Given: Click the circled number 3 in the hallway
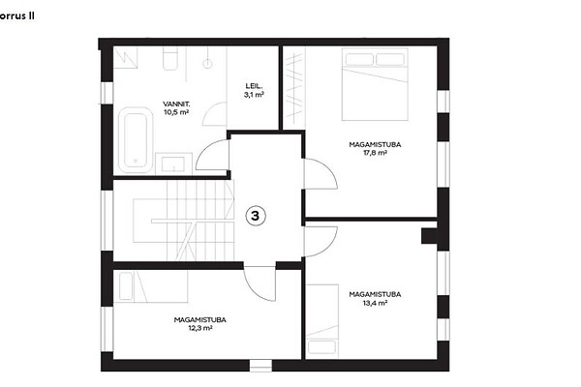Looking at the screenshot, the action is (x=256, y=216).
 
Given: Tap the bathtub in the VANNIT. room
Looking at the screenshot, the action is (x=136, y=140).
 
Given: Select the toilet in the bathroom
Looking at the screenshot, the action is (x=170, y=59).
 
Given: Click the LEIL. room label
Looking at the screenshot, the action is (x=254, y=86).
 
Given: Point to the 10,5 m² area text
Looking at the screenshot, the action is (x=176, y=112).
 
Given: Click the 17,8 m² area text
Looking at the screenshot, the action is (x=376, y=153).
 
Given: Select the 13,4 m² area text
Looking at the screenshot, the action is (x=376, y=303).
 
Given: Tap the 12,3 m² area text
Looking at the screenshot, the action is (x=200, y=328).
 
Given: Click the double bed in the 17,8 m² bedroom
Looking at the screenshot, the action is (x=375, y=84).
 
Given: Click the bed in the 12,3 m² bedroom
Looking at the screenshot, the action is (x=150, y=286).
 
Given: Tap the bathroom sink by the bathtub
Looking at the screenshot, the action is (x=173, y=164).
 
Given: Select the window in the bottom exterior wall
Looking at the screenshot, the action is (x=260, y=365).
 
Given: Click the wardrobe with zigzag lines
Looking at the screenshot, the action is (x=294, y=88).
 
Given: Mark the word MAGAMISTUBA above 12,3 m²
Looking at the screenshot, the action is (x=200, y=319).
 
